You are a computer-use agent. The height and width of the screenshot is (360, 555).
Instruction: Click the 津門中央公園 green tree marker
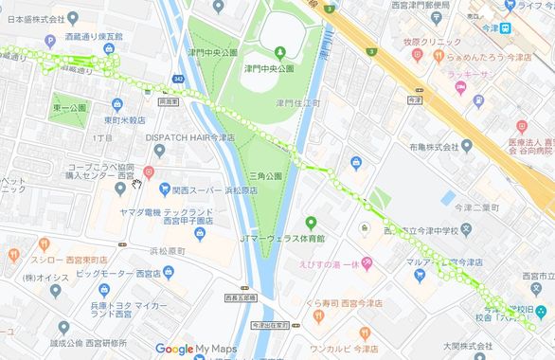coord(280,51)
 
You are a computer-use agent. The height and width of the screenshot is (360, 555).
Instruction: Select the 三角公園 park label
coord(265,176)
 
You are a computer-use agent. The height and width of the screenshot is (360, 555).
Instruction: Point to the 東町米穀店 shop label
coord(124,120)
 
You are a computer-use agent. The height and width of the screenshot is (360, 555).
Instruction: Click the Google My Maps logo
coord(194,349)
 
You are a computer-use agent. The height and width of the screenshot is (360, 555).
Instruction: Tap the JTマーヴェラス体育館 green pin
coord(310,224)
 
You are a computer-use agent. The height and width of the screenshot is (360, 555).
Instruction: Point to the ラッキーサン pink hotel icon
coord(461,87)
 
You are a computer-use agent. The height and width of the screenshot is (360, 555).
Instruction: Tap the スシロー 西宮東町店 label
coord(63,257)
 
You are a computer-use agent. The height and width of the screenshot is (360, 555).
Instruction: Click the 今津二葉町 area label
coord(478,206)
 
